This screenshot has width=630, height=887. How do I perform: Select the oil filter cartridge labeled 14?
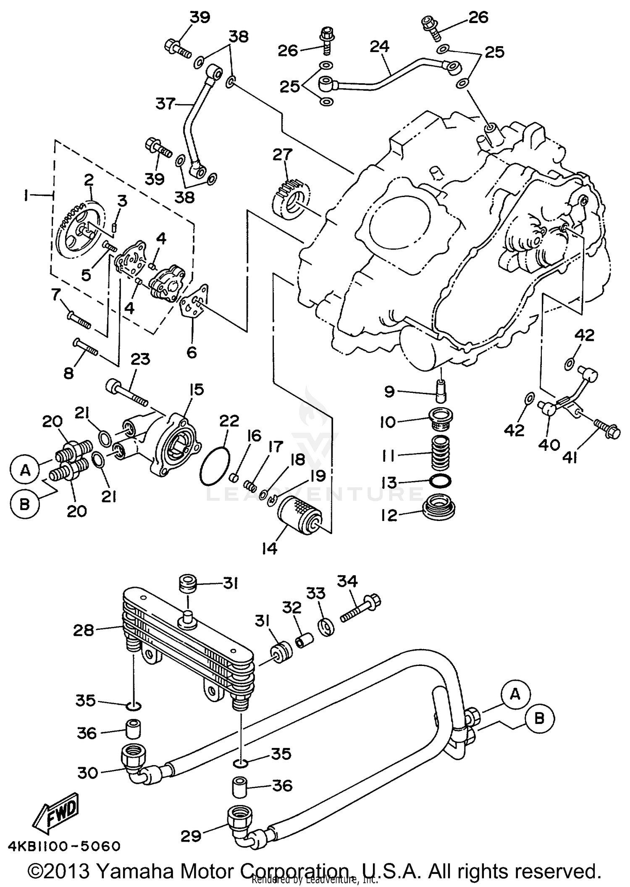coord(300,515)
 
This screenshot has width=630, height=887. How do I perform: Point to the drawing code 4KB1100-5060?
coord(64,846)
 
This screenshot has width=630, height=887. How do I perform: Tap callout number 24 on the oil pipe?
coord(380,47)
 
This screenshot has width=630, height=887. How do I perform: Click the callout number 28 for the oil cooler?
coord(83,630)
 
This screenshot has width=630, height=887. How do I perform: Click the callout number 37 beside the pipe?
coord(165,103)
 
